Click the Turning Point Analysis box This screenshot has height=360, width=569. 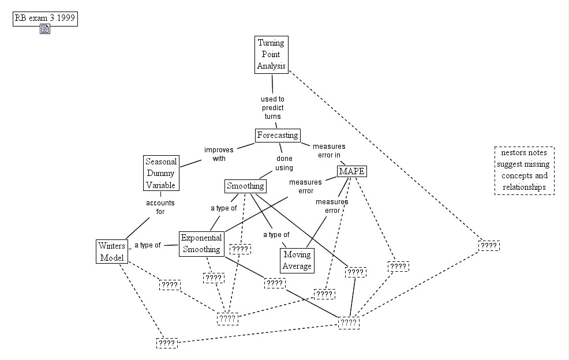tap(271, 54)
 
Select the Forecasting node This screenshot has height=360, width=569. tap(278, 135)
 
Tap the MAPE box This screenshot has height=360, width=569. tap(352, 172)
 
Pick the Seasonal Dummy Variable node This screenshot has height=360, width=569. tap(160, 173)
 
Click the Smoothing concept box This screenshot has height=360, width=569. tap(245, 186)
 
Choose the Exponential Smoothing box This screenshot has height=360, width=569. tap(201, 243)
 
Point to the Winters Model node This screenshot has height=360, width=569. tap(112, 252)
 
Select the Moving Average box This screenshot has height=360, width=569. tap(298, 260)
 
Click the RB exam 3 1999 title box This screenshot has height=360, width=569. tap(45, 18)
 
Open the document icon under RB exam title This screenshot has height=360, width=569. tap(45, 29)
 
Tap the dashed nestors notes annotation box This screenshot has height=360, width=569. tap(524, 170)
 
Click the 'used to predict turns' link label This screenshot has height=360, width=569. tap(272, 107)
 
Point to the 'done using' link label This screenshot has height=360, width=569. tap(284, 163)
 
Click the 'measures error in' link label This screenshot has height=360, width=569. tap(329, 151)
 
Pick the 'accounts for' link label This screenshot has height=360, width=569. tap(160, 207)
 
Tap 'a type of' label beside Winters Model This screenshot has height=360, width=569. tap(148, 245)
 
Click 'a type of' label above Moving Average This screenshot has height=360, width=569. tap(276, 235)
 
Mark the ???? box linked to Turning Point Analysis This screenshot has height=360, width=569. tap(488, 246)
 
